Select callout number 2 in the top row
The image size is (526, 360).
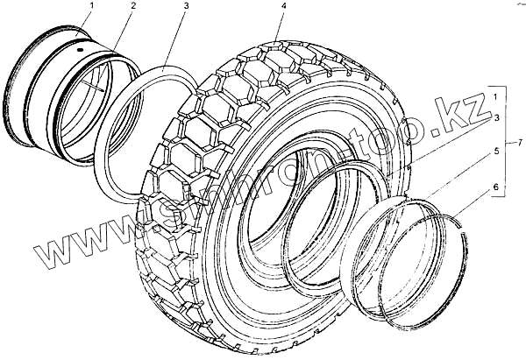(132, 7)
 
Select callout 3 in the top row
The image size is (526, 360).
(185, 7)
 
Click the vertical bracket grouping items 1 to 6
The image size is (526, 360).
(508, 140)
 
